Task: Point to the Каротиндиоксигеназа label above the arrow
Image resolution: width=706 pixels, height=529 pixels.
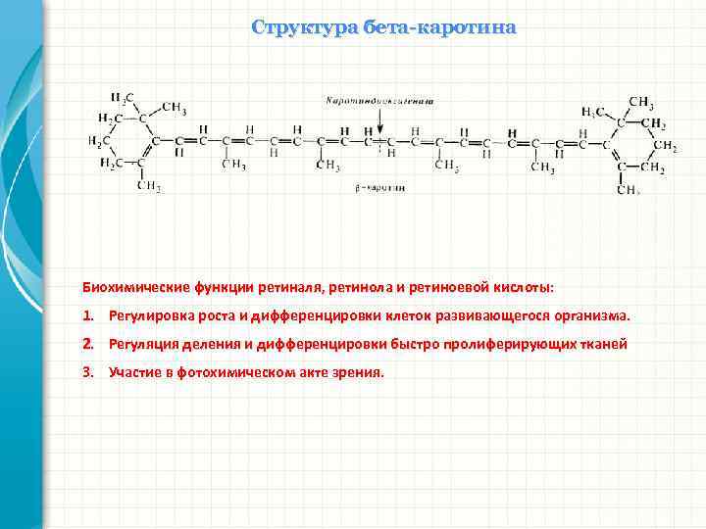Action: (x=380, y=100)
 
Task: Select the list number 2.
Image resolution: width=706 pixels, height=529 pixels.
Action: (x=87, y=345)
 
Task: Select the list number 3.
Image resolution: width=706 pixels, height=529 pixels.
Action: (x=87, y=373)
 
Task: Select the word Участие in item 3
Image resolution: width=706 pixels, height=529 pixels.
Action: (x=134, y=373)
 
